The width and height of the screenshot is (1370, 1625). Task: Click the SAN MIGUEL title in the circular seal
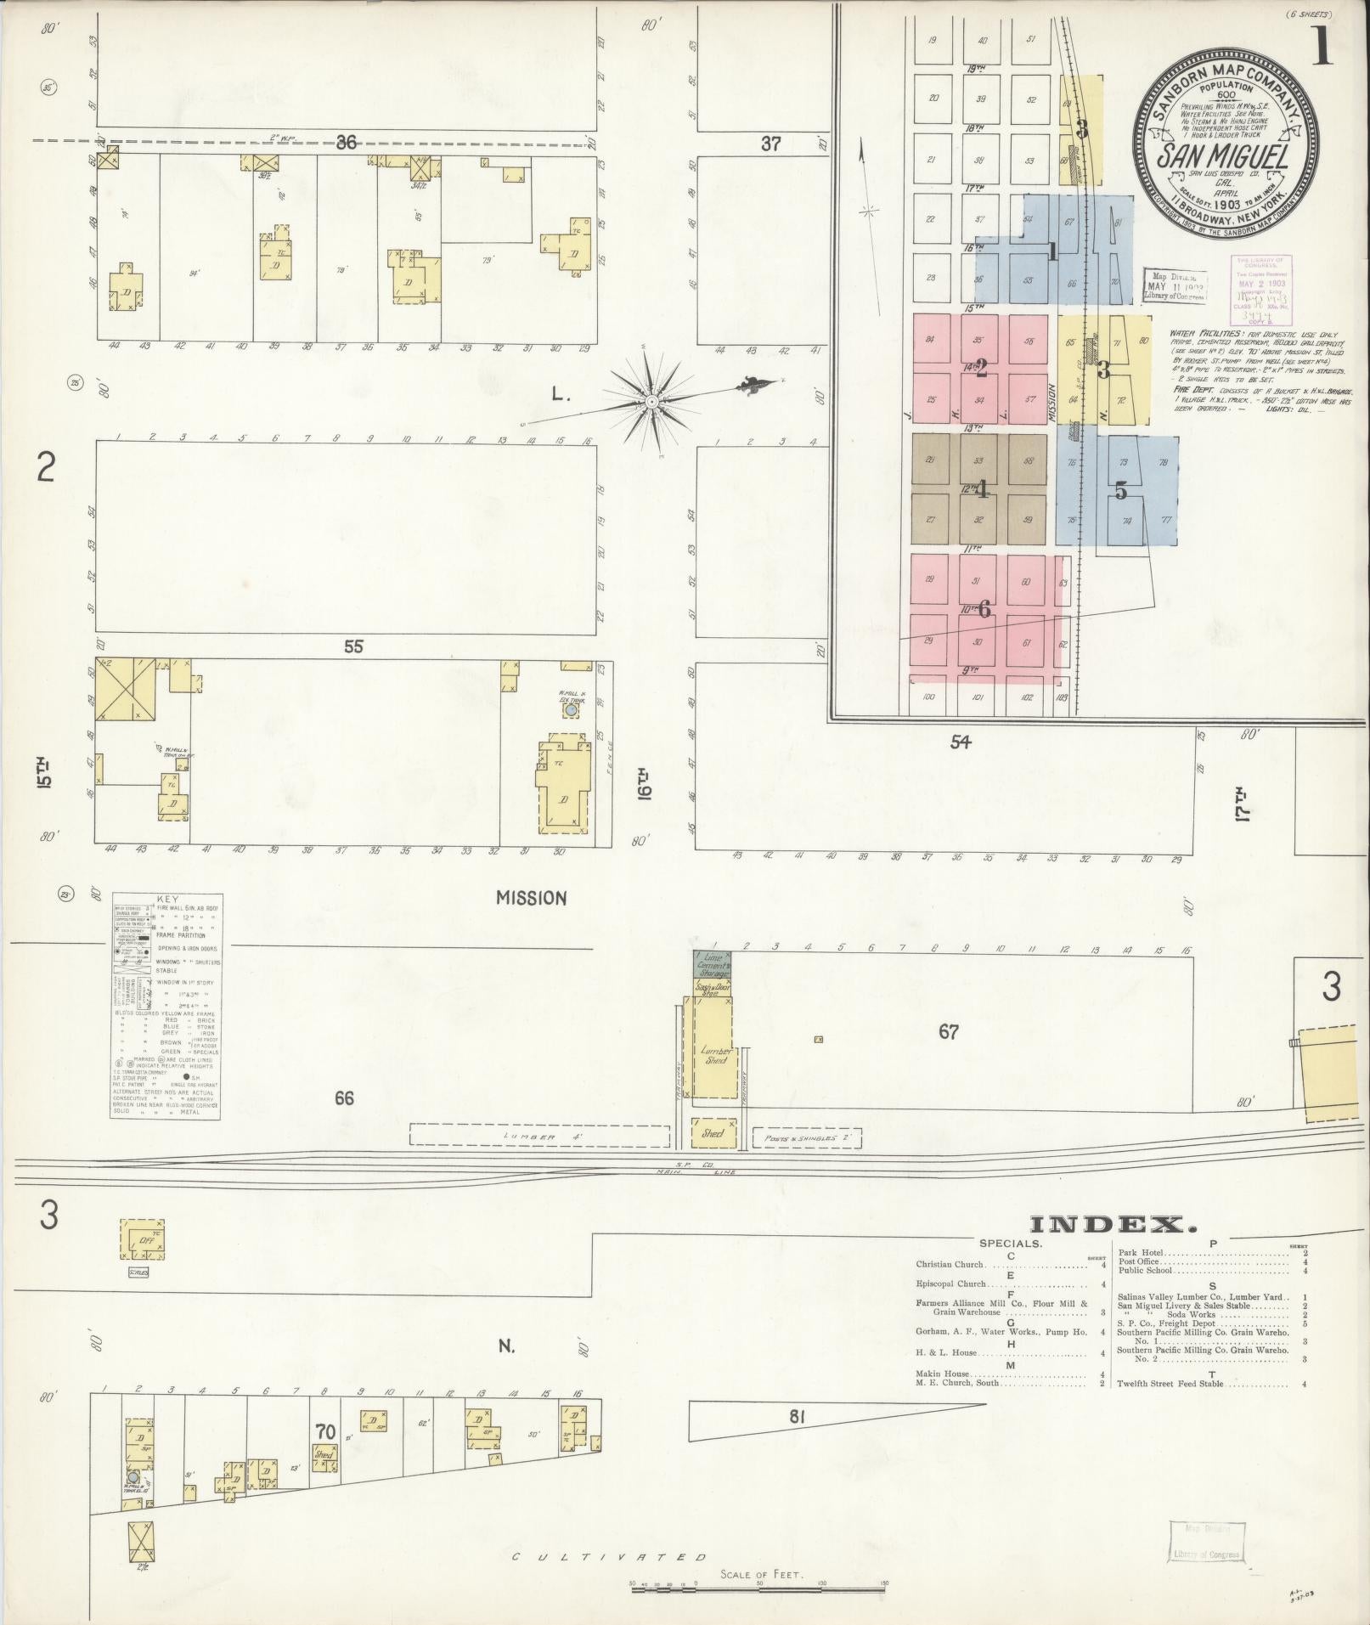pyautogui.click(x=1223, y=156)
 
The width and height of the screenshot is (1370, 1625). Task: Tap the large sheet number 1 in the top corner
pyautogui.click(x=1322, y=48)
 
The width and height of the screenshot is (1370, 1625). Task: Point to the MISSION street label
pyautogui.click(x=532, y=898)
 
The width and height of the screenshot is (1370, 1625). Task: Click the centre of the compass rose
pyautogui.click(x=651, y=400)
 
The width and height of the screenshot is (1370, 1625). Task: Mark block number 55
pyautogui.click(x=353, y=646)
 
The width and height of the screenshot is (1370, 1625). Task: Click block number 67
pyautogui.click(x=948, y=1032)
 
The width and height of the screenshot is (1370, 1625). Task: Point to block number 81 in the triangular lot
pyautogui.click(x=796, y=1416)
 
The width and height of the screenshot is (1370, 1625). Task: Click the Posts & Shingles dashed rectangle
pyautogui.click(x=806, y=1137)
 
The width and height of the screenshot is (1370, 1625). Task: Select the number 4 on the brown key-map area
pyautogui.click(x=982, y=489)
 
